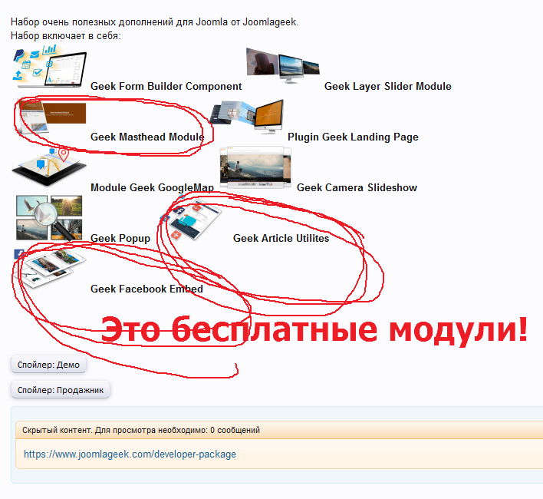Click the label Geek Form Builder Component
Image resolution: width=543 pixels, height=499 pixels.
click(166, 86)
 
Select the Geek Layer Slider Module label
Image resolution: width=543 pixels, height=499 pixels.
click(388, 86)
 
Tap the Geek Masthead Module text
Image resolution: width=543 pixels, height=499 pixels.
click(147, 137)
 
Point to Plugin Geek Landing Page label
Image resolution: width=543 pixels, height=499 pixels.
click(353, 137)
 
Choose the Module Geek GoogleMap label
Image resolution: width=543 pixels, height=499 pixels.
click(152, 187)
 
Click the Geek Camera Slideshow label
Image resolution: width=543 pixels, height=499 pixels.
click(357, 187)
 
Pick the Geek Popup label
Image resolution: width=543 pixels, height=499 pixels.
click(120, 239)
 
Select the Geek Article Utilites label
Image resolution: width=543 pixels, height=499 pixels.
click(281, 239)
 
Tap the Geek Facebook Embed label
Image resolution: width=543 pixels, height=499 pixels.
click(146, 289)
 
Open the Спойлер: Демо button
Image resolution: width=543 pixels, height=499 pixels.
click(48, 365)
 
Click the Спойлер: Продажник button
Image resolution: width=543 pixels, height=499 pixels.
click(61, 390)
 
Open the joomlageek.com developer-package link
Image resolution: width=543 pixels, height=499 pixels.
click(130, 454)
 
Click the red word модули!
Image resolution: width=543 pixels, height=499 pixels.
click(458, 329)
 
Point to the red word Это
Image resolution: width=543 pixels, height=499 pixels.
click(130, 330)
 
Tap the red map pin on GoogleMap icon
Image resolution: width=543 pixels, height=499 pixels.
click(64, 154)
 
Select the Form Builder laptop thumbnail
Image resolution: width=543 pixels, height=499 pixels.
click(49, 67)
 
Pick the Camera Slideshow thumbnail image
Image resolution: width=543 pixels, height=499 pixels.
click(255, 168)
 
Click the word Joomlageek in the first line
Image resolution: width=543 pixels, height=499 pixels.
click(269, 21)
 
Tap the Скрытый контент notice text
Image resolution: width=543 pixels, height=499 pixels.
click(141, 430)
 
